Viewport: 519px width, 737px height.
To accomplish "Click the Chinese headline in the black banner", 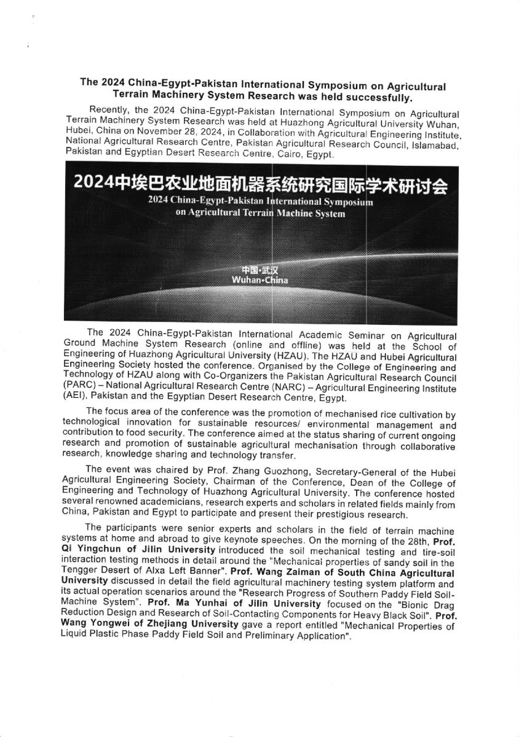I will [261, 184].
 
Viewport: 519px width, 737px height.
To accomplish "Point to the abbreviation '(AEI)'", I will [75, 398].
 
